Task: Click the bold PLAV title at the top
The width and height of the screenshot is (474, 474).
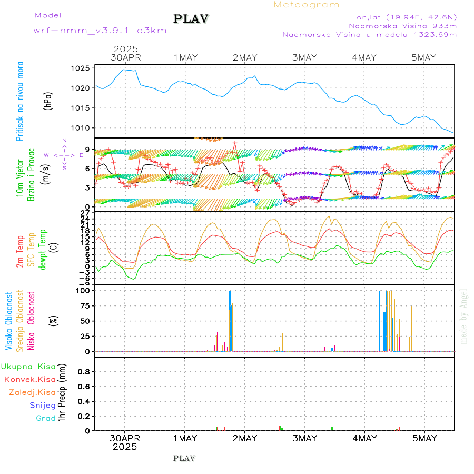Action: click(x=192, y=19)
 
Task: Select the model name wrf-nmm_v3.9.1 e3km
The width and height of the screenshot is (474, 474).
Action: click(x=100, y=30)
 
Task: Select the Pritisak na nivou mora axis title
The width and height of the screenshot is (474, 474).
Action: click(x=20, y=101)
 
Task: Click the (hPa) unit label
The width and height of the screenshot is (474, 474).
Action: click(x=48, y=101)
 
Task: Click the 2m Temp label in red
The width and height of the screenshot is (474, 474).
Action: click(x=20, y=251)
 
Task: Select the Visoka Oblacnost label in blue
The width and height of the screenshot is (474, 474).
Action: click(x=9, y=320)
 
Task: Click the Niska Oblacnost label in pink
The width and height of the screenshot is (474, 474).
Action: click(x=32, y=320)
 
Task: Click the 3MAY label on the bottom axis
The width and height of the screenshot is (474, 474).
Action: click(x=304, y=438)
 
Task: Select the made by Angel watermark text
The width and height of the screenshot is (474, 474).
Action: click(x=464, y=316)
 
